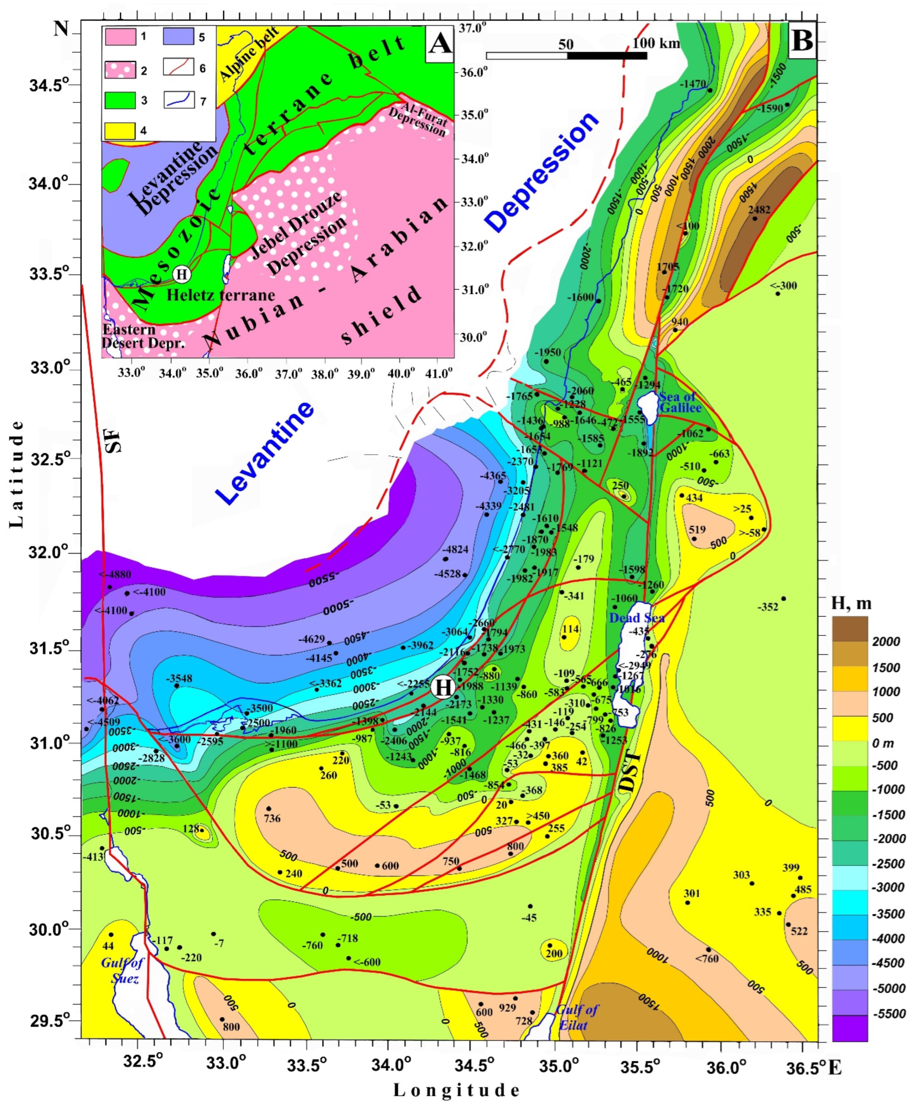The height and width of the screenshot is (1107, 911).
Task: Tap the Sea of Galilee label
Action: pyautogui.click(x=681, y=402)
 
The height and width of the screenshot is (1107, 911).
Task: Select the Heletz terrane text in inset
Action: pyautogui.click(x=220, y=295)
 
